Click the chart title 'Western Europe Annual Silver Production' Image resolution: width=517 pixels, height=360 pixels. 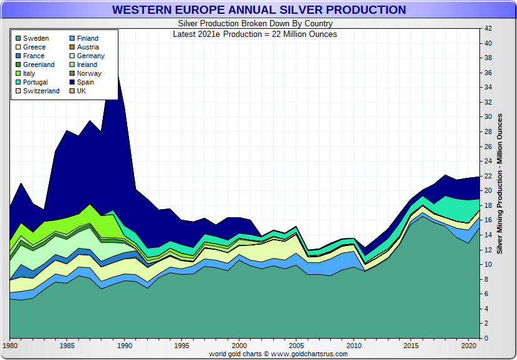click(258, 10)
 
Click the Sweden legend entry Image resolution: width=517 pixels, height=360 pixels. click(35, 38)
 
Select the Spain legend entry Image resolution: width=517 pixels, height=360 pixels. click(85, 82)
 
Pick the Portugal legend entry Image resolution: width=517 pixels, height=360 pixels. click(35, 82)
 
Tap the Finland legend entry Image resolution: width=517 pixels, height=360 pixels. click(88, 38)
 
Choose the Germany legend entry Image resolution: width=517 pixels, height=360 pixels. click(90, 56)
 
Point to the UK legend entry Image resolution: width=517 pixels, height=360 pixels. click(81, 91)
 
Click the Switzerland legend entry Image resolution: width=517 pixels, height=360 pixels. click(41, 91)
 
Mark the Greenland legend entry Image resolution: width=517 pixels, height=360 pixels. click(38, 64)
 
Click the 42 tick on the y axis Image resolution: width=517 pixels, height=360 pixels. click(488, 28)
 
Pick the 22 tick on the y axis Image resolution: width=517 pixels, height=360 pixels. click(488, 176)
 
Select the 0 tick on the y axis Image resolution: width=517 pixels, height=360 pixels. click(486, 338)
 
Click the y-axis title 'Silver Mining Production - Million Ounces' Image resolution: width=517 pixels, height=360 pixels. click(499, 183)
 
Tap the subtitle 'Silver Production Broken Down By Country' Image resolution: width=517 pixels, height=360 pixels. click(254, 24)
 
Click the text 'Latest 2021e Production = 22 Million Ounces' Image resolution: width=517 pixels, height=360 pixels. click(254, 34)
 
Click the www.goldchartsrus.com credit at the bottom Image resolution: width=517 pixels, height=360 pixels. click(278, 354)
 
